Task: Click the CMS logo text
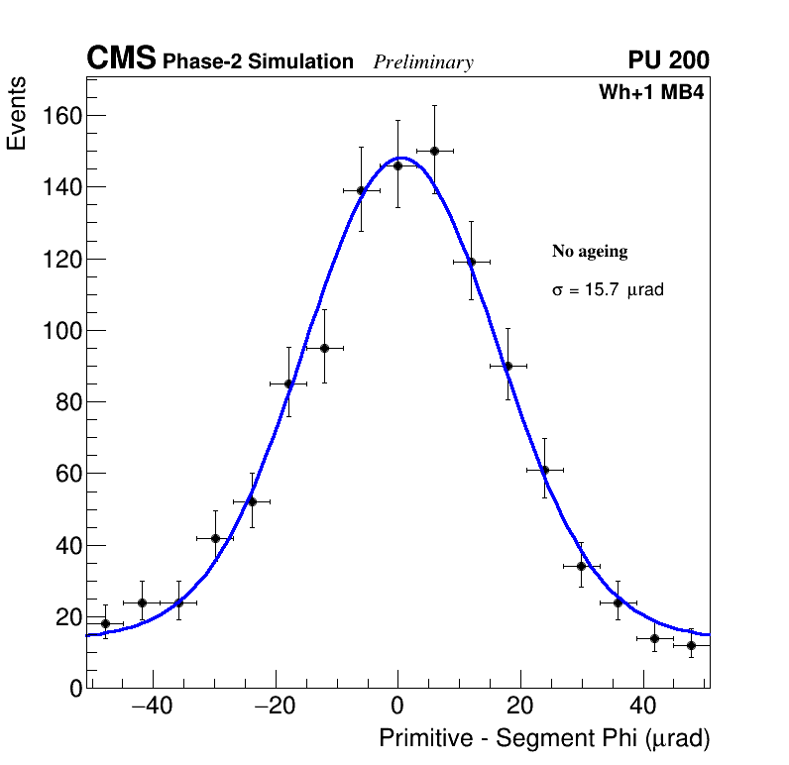point(121,59)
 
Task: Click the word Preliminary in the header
point(423,62)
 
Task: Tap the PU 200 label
point(668,60)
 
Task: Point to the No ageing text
point(590,252)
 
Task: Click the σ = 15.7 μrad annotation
point(608,290)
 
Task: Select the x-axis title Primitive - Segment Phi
point(544,738)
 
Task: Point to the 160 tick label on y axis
point(61,116)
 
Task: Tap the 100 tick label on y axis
point(61,330)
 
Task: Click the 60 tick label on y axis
point(67,474)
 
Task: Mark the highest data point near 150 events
point(434,151)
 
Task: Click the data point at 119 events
point(471,262)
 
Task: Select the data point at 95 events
point(324,348)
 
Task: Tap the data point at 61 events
point(544,470)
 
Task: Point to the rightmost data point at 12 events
point(691,645)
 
